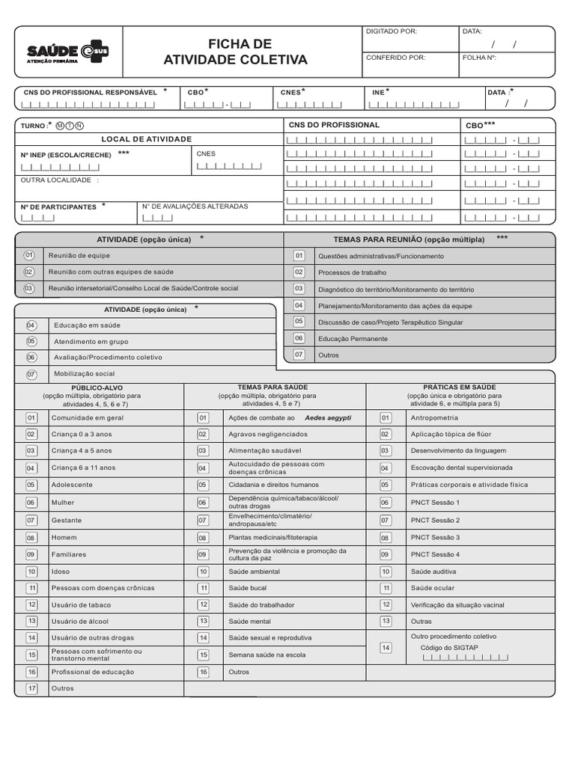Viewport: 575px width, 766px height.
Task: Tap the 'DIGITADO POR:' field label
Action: (x=390, y=31)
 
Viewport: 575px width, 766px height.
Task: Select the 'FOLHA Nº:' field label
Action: (x=479, y=57)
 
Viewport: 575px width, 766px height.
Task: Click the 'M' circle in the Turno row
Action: (x=60, y=126)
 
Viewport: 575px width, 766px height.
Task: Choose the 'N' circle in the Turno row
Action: (x=79, y=126)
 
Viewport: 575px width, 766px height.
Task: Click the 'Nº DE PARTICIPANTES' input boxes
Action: (x=38, y=218)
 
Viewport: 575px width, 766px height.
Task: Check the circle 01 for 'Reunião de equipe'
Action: (x=30, y=256)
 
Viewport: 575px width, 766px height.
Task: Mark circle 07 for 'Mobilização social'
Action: (x=31, y=373)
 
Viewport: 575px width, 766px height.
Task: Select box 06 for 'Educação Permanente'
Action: (x=299, y=338)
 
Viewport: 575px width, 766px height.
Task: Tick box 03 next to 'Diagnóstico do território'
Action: (x=299, y=289)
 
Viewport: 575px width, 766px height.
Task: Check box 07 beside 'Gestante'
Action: (x=31, y=520)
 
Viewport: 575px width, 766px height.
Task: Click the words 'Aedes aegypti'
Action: (x=327, y=417)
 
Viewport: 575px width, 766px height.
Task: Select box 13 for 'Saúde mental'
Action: (x=203, y=621)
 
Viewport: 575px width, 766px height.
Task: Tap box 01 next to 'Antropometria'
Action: (x=386, y=417)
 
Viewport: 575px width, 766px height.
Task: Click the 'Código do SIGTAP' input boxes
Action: (x=465, y=658)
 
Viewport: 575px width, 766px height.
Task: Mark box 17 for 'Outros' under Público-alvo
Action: (x=31, y=688)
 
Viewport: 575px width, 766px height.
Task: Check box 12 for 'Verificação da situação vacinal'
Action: (x=386, y=604)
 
